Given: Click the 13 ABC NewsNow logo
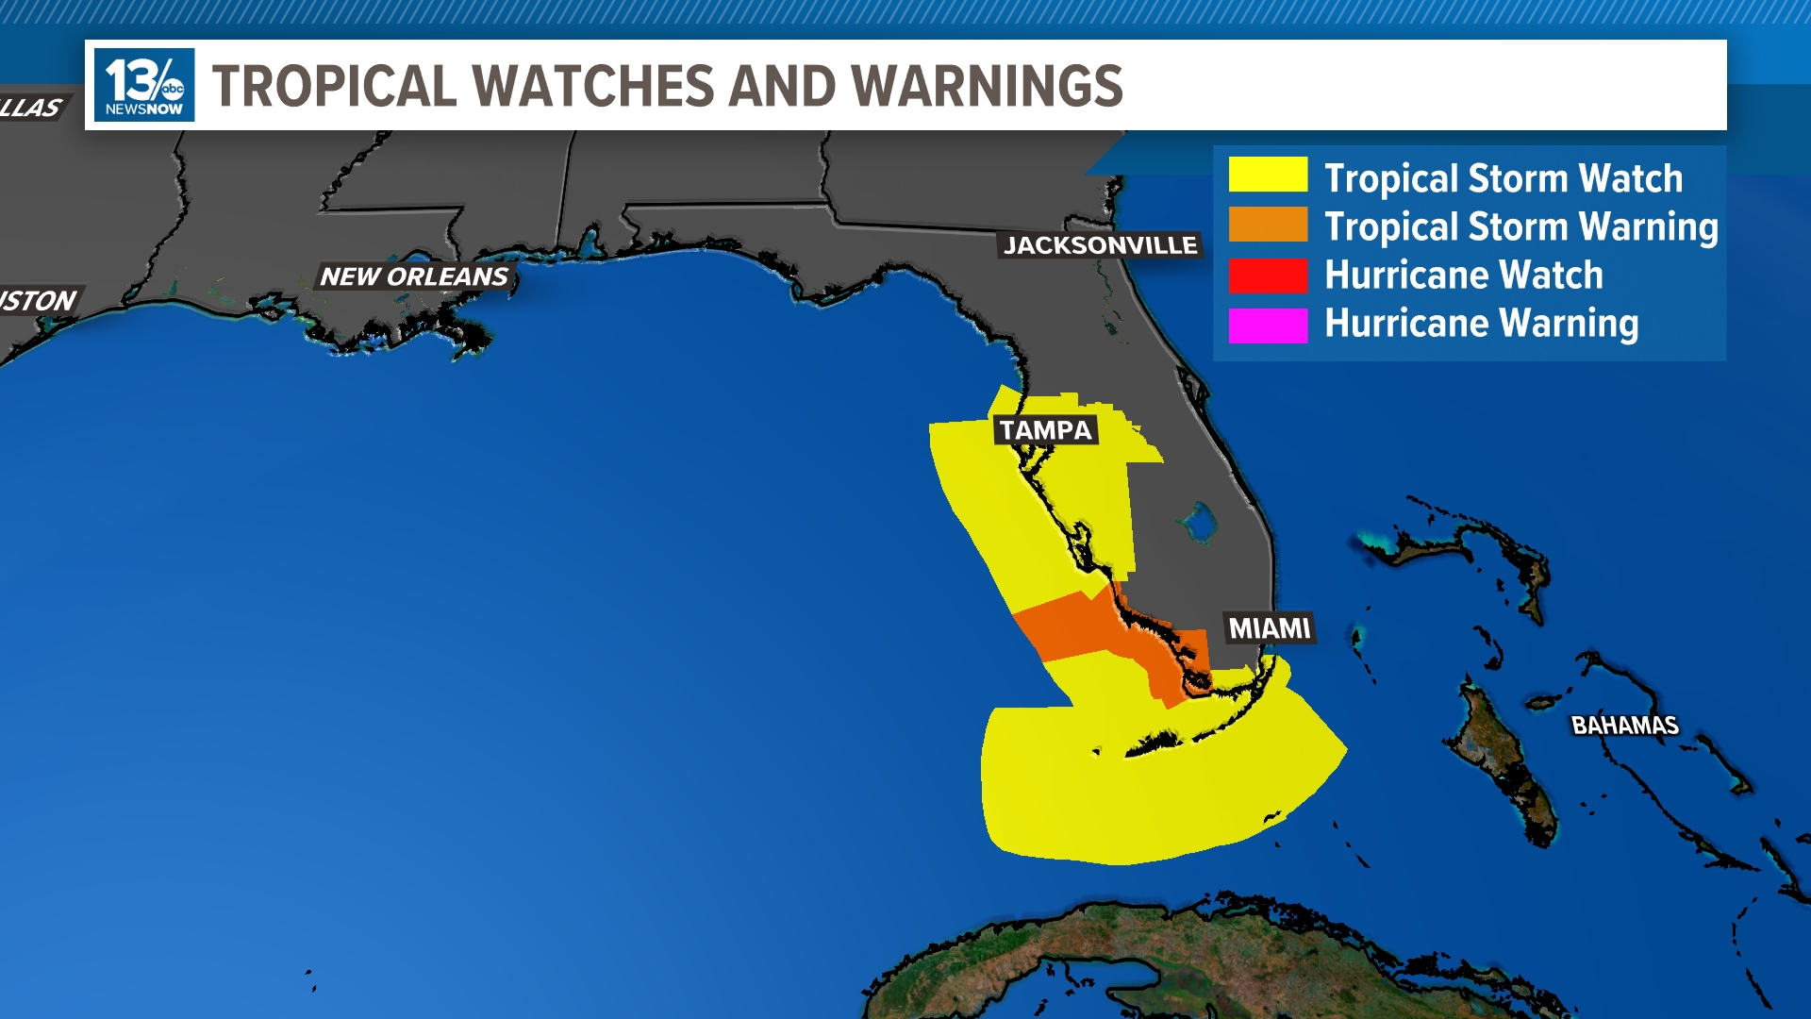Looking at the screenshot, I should tap(144, 85).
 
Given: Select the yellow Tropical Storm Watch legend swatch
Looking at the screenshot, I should tap(1268, 175).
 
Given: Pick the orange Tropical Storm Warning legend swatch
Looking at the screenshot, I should tap(1268, 225).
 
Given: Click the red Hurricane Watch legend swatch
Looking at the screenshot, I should tap(1268, 275).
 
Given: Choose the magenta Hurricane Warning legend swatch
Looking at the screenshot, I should tap(1268, 324).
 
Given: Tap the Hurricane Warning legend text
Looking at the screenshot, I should tap(1481, 324).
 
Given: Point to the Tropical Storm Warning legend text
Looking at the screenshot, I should tap(1520, 226).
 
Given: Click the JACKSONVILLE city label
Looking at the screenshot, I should tap(1100, 245).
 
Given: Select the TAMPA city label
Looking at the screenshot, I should tap(1045, 430).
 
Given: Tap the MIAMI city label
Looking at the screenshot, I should tap(1270, 628).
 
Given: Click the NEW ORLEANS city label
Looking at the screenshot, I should tap(414, 276).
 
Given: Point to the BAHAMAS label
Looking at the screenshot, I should tap(1624, 726).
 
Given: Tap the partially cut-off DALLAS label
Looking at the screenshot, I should tap(30, 108).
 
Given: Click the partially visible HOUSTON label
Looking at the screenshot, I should tap(38, 301).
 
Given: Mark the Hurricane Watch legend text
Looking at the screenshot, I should tap(1463, 276).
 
